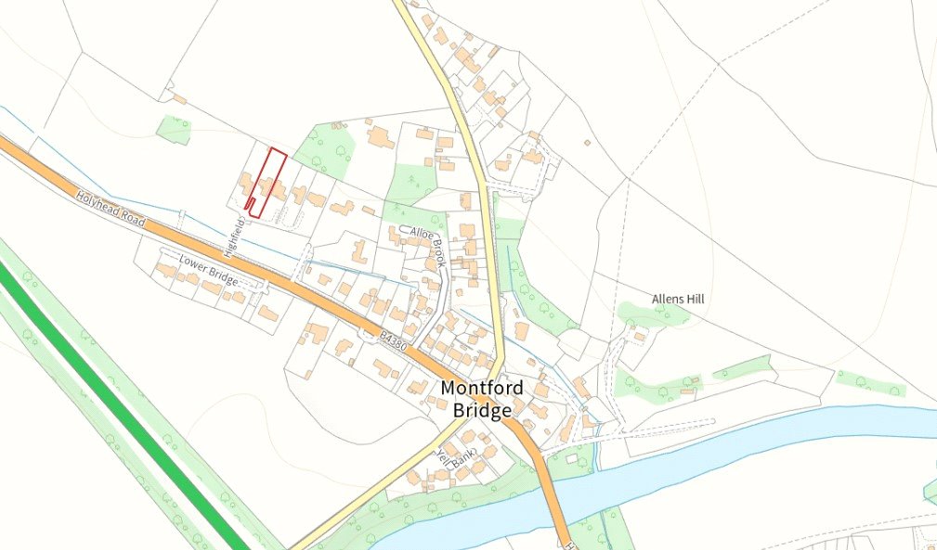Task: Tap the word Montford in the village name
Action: [x=482, y=387]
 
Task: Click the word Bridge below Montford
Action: [x=482, y=409]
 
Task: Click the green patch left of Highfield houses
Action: [x=174, y=130]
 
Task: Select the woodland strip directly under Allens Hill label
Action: [x=655, y=313]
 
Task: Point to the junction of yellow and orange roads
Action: [x=501, y=413]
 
